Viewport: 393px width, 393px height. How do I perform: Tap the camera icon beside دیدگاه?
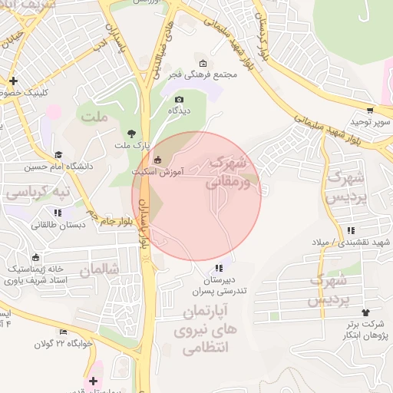click(x=180, y=99)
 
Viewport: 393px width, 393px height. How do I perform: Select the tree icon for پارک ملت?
click(x=133, y=134)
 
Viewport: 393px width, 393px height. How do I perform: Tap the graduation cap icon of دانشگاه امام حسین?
click(x=58, y=154)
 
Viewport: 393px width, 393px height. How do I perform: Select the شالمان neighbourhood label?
click(x=100, y=269)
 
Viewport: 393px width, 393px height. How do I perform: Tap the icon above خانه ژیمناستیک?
click(x=34, y=257)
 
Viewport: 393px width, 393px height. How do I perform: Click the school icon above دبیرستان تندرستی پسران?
click(x=219, y=269)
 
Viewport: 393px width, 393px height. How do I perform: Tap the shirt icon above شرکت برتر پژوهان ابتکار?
click(x=365, y=312)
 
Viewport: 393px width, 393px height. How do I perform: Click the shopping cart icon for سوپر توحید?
click(x=371, y=111)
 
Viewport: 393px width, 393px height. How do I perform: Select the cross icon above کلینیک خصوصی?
click(x=13, y=81)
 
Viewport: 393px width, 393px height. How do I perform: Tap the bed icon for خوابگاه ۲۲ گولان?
click(x=63, y=332)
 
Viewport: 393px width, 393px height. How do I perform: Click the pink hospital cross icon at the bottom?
click(x=94, y=381)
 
